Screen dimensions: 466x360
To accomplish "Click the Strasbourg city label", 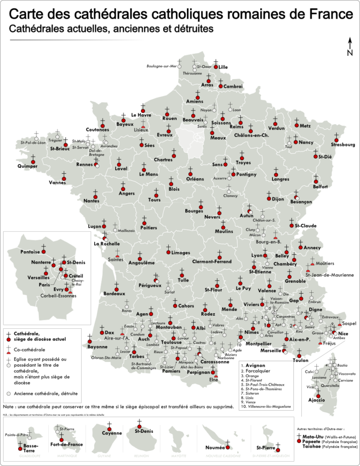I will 342,145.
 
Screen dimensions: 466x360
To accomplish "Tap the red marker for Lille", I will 216,67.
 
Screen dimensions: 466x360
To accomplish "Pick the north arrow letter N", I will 350,53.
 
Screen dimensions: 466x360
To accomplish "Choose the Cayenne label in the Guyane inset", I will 112,433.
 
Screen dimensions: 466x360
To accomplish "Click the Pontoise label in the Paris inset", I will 30,251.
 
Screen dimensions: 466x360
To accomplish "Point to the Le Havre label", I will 141,115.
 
